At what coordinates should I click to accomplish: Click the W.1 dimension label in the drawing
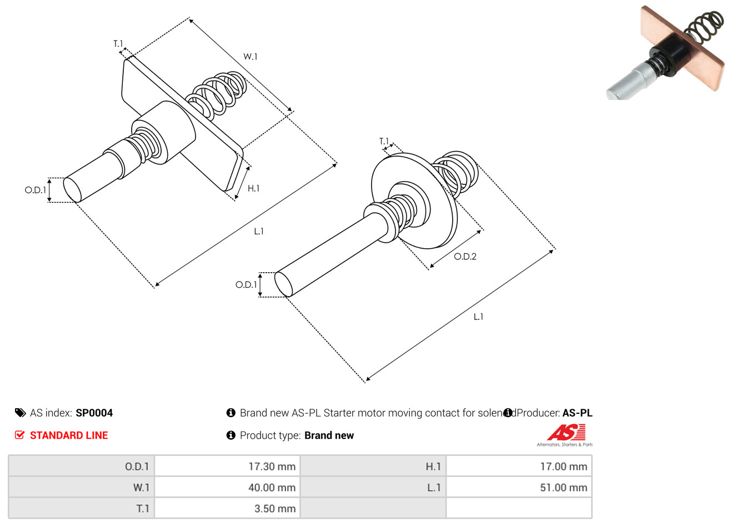(x=250, y=57)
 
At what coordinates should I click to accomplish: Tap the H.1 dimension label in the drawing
(x=253, y=188)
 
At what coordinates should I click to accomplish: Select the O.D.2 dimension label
(x=465, y=257)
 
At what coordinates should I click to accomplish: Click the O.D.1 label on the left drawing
(x=35, y=190)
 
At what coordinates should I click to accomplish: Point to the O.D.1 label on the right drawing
(x=246, y=285)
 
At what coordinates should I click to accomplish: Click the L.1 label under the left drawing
(x=259, y=232)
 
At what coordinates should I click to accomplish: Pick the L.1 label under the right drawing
(x=478, y=317)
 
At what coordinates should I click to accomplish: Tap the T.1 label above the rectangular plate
(x=118, y=43)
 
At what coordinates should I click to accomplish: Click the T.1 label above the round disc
(x=384, y=142)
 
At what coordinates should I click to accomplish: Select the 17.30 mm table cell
(x=227, y=467)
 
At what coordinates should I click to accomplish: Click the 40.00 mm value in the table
(x=227, y=488)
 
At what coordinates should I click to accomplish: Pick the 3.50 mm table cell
(x=227, y=509)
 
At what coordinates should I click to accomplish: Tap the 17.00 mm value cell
(x=519, y=467)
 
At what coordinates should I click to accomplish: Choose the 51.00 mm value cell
(x=519, y=488)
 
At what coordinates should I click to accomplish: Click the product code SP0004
(x=94, y=413)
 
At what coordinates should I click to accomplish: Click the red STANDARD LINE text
(x=69, y=435)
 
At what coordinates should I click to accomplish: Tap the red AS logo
(x=566, y=432)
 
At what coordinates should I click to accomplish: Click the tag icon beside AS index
(x=20, y=413)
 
